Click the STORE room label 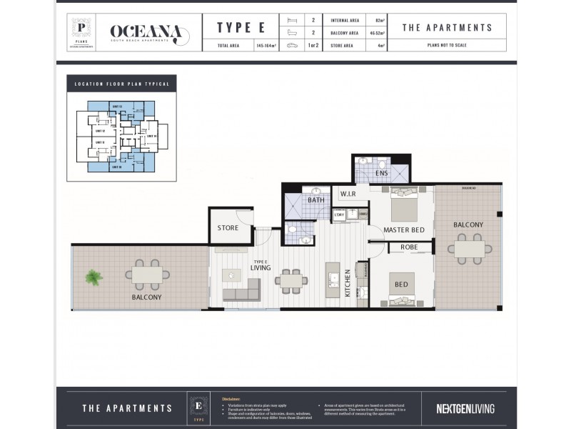click(228, 228)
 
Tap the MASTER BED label click(405, 230)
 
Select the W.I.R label click(348, 194)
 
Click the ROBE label click(409, 247)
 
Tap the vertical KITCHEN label click(348, 282)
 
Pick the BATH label click(316, 200)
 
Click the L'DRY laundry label click(340, 214)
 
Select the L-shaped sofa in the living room click(241, 290)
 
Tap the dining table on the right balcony click(470, 249)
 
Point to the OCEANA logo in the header click(149, 33)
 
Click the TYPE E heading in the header click(236, 28)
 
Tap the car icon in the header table click(292, 45)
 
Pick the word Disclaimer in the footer click(231, 398)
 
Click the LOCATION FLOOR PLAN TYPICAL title click(122, 84)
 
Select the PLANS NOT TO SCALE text click(447, 44)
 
